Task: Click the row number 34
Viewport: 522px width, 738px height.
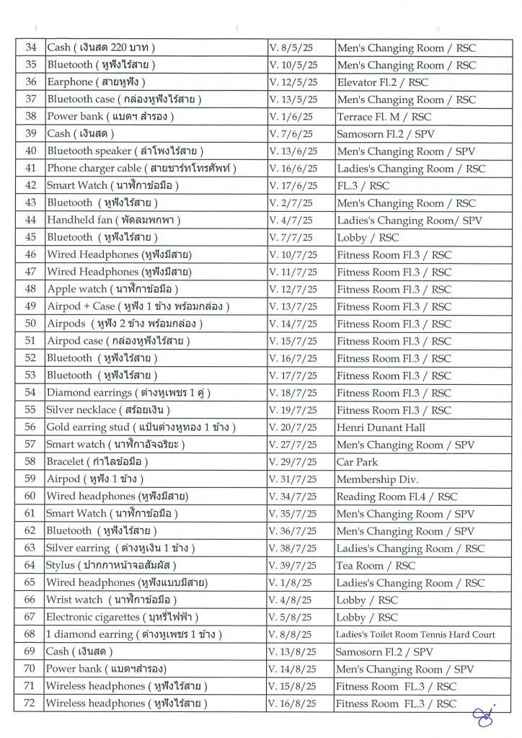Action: click(x=30, y=48)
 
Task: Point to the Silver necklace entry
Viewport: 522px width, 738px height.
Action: click(x=118, y=410)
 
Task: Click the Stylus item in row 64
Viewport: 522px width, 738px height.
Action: click(x=111, y=566)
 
